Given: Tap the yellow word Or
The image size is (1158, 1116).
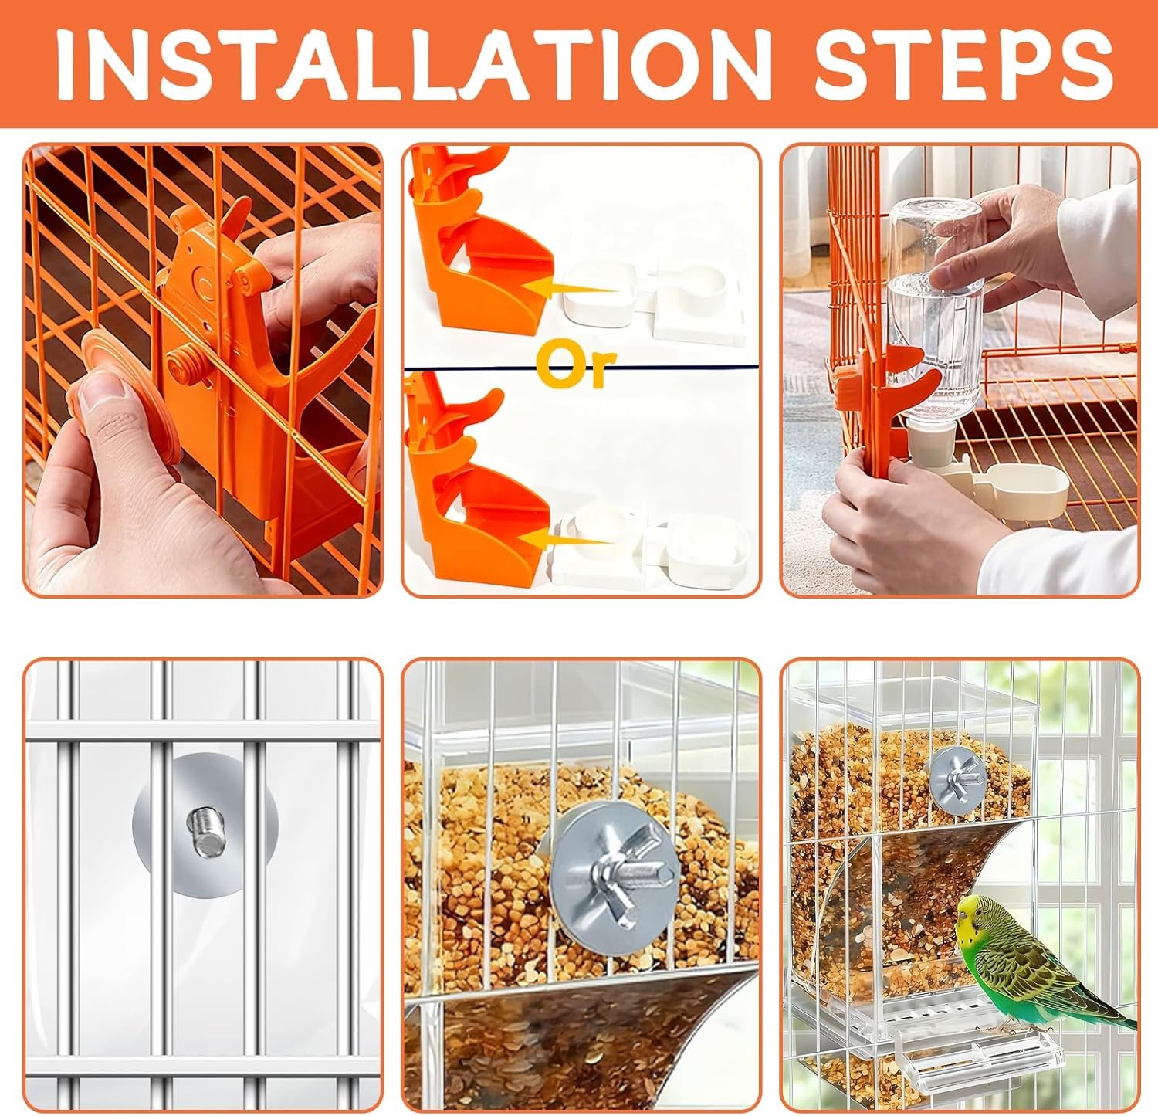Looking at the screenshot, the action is click(577, 368).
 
